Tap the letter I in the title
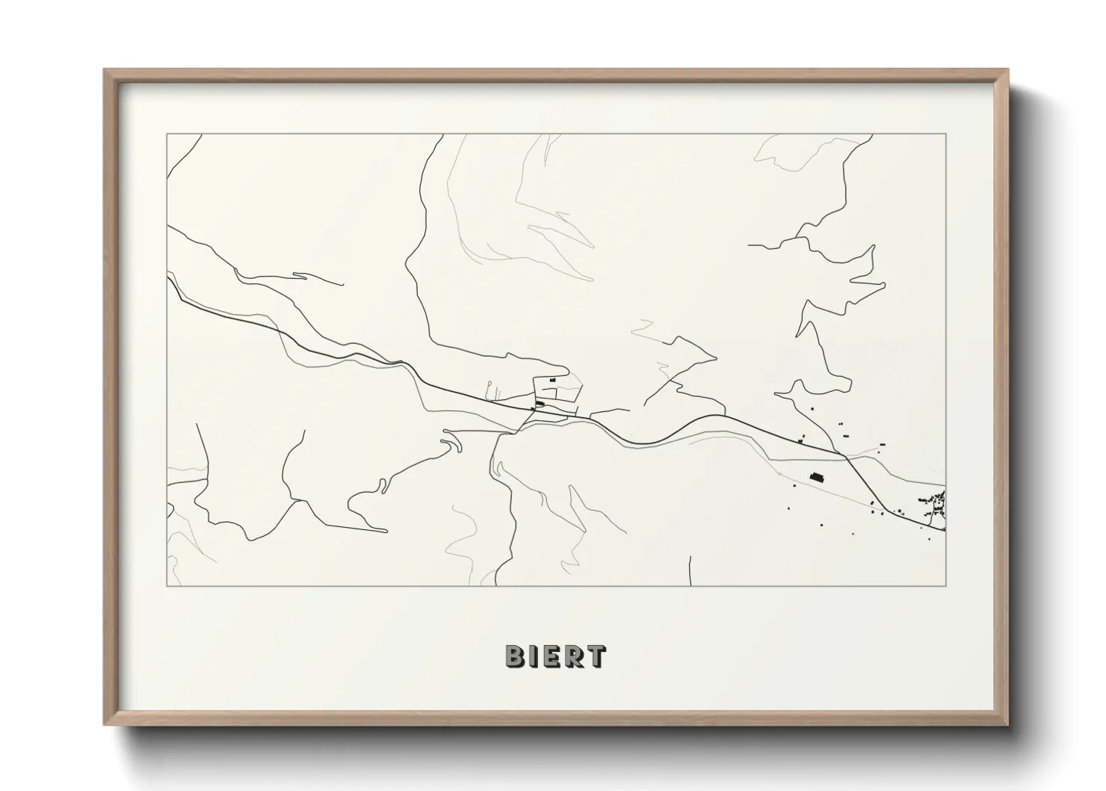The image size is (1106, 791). click(536, 656)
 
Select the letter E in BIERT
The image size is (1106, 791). click(554, 656)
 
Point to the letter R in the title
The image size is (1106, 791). click(575, 656)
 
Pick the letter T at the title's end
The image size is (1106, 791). click(596, 656)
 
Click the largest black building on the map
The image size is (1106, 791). click(815, 475)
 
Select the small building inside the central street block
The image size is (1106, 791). click(553, 381)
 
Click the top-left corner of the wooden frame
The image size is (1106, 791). click(105, 70)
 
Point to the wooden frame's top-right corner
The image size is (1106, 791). click(1008, 70)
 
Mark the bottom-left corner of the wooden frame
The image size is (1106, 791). click(105, 724)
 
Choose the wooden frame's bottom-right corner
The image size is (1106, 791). click(1008, 724)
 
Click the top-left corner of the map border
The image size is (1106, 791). click(167, 135)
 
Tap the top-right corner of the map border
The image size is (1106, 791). click(945, 135)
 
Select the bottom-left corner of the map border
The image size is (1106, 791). click(167, 585)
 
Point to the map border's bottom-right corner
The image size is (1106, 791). click(945, 585)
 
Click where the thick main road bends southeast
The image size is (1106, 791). click(845, 455)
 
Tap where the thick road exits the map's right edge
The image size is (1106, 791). click(945, 530)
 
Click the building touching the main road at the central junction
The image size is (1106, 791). click(540, 404)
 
